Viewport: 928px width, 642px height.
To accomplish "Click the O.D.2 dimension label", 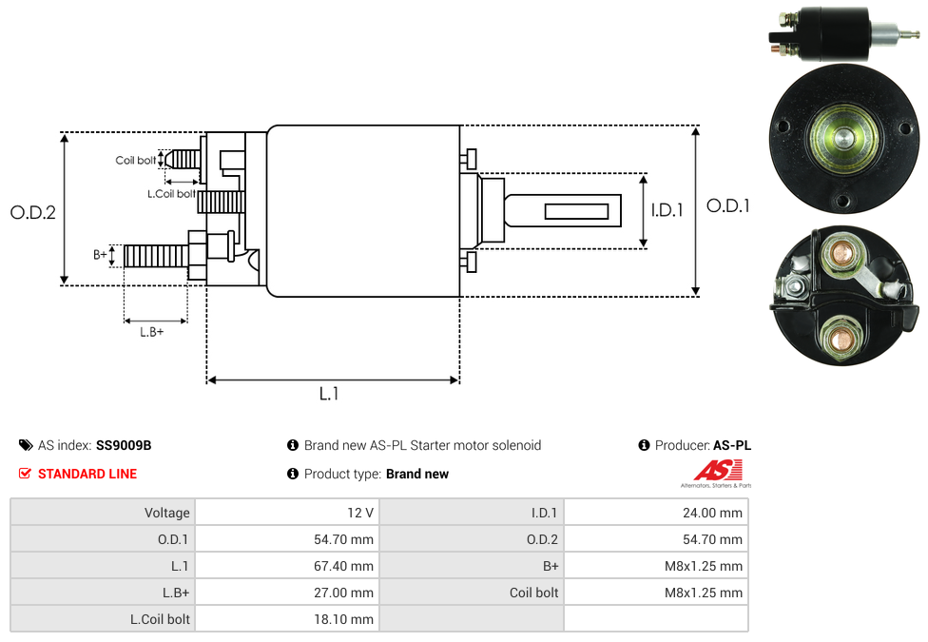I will point(33,212).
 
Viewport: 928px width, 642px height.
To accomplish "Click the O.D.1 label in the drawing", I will point(728,205).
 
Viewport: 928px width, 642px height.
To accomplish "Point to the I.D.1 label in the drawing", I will point(667,210).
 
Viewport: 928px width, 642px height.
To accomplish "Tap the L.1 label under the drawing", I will point(329,393).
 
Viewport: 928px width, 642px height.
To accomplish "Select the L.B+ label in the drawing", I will point(152,332).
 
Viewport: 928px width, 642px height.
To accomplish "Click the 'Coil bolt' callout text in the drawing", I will point(136,161).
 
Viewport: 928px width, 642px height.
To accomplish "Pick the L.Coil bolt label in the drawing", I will point(171,194).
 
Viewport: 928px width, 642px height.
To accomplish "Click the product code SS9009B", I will point(124,445).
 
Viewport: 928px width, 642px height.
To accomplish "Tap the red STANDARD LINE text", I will point(87,474).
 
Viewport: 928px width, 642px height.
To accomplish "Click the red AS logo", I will point(717,470).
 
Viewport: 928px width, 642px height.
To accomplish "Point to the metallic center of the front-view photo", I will point(841,138).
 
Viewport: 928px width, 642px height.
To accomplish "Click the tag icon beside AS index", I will point(26,445).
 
